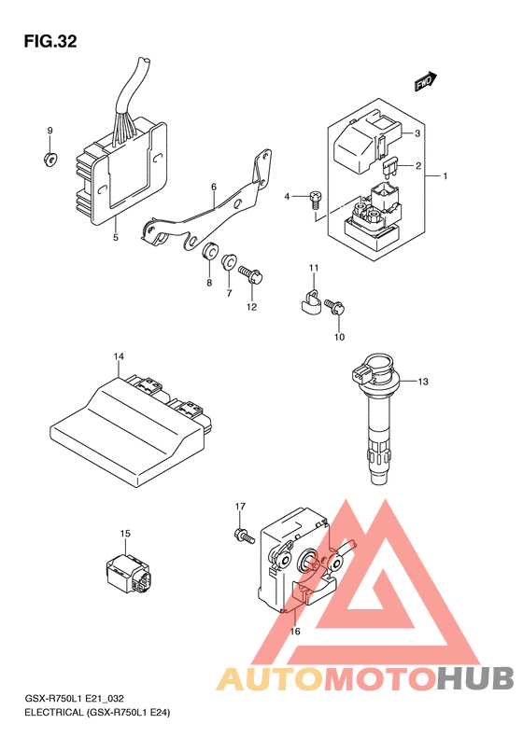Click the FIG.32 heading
(50, 41)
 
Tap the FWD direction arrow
(426, 81)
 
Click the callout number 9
(49, 131)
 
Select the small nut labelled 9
(49, 160)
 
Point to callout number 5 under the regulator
(116, 237)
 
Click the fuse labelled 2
(390, 167)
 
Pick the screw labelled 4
(316, 199)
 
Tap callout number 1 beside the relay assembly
(445, 176)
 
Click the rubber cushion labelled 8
(209, 251)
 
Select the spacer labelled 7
(229, 261)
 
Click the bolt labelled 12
(251, 274)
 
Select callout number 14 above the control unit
(119, 356)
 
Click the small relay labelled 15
(129, 573)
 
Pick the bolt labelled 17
(244, 536)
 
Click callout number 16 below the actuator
(294, 632)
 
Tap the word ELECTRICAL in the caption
(53, 712)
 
